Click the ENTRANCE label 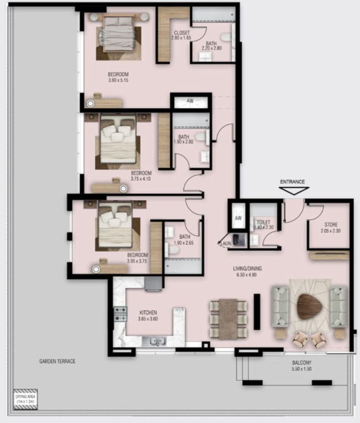(x=292, y=181)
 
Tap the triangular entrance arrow (x=293, y=190)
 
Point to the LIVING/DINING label (x=247, y=268)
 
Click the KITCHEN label (x=148, y=313)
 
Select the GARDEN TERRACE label (x=57, y=361)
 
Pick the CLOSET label (x=181, y=33)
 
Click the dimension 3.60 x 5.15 (x=118, y=80)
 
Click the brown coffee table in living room (x=310, y=307)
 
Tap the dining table (x=228, y=319)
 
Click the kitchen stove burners (x=120, y=314)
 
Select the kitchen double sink (x=154, y=341)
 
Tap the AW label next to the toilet (x=238, y=219)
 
